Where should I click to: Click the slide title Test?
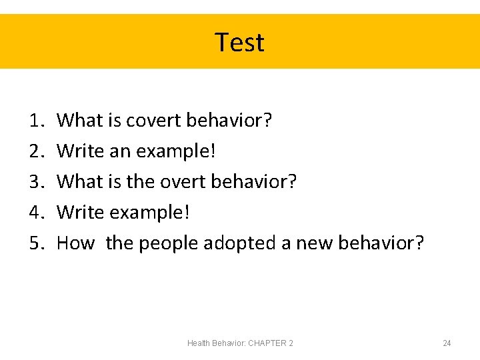point(239,42)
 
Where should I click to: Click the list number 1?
point(36,121)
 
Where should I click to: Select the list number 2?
point(36,151)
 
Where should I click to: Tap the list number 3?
point(36,182)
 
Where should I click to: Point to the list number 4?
point(36,213)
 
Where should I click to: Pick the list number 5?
point(36,243)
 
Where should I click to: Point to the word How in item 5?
point(75,243)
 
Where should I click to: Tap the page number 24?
point(447,343)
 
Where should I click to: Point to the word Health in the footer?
point(199,343)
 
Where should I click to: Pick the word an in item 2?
point(120,152)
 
